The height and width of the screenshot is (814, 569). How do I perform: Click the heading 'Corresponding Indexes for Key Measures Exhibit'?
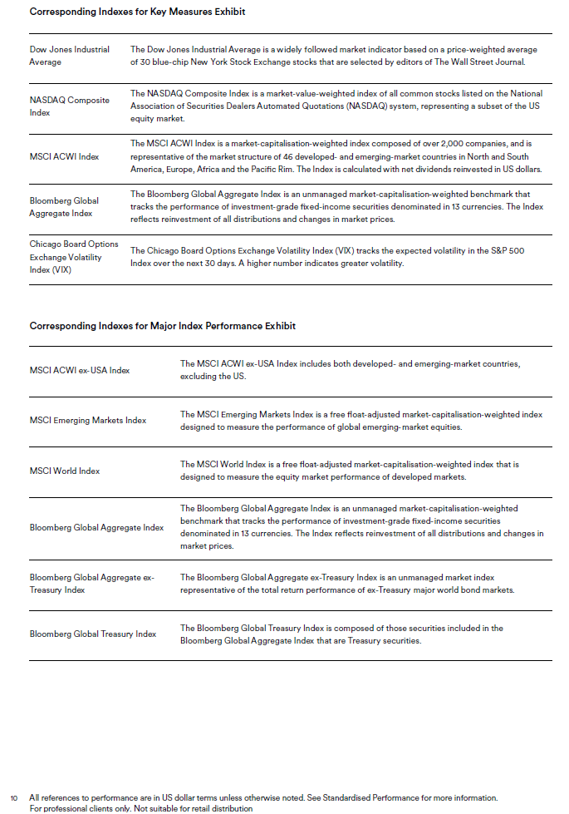pos(137,12)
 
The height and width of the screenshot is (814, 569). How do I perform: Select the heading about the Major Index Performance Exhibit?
pos(162,326)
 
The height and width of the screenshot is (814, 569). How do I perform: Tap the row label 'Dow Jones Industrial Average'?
pos(69,56)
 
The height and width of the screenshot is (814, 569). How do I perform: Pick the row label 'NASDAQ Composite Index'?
pos(69,106)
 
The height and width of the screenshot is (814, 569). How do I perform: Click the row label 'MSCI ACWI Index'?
pos(64,156)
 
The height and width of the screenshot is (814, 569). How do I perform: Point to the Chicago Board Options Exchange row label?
pos(74,257)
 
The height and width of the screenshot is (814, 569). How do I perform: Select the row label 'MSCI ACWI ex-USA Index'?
pos(80,370)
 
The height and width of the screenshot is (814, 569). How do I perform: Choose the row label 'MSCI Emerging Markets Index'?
pos(87,421)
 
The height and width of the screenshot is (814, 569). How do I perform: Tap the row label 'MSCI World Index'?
pos(65,471)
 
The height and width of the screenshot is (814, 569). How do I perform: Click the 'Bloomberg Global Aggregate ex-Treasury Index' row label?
pos(91,584)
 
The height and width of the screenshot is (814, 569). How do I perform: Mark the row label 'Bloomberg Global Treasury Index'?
pos(93,634)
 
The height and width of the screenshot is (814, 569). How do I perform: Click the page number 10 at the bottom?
pos(14,797)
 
